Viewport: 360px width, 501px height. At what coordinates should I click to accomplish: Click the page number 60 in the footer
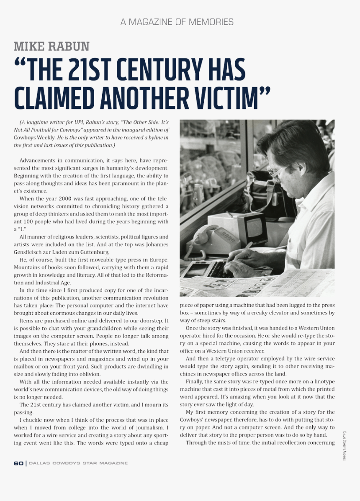pos(18,463)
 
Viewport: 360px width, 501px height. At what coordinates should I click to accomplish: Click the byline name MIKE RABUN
pos(51,46)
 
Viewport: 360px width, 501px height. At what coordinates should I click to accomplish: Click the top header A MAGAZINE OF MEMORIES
pos(177,22)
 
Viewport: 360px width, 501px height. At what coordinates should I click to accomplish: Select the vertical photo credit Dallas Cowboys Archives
pos(344,446)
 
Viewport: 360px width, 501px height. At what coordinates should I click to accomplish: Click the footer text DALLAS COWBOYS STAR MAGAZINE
pos(78,463)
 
